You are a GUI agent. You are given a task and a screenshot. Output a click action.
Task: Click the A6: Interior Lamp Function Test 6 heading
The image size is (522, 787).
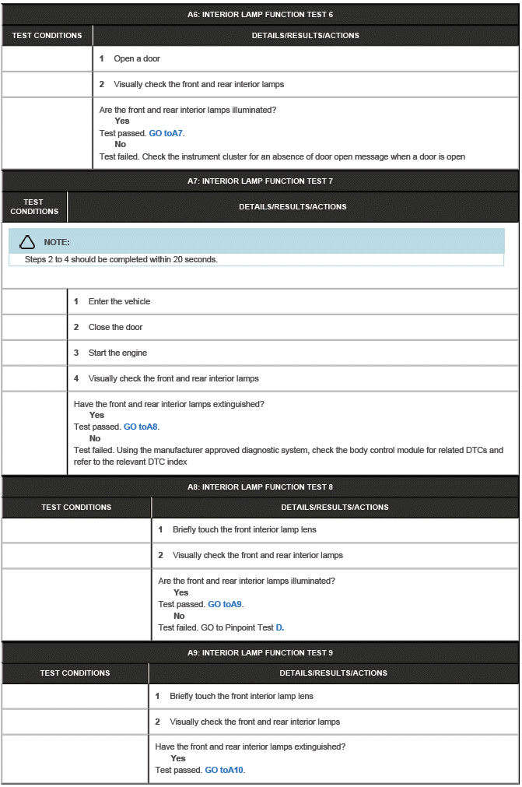[260, 14]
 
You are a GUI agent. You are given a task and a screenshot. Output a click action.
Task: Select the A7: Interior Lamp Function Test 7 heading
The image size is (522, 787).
[260, 181]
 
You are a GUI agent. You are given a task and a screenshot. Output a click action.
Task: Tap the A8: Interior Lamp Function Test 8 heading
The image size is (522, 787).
[260, 487]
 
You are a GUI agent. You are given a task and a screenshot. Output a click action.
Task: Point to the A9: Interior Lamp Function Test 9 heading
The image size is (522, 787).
[260, 652]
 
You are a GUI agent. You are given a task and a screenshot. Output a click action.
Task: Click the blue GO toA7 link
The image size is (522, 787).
[166, 133]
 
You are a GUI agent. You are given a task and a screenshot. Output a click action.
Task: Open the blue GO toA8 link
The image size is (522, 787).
[141, 427]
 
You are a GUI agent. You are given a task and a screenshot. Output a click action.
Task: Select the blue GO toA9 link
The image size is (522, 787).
[225, 604]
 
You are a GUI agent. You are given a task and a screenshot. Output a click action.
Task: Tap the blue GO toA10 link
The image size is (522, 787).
[224, 770]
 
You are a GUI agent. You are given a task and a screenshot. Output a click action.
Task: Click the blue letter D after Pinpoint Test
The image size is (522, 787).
[279, 627]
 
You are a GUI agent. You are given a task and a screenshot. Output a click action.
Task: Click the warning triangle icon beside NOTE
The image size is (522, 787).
[27, 242]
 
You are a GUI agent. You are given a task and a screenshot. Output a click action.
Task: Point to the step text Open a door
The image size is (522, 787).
[137, 58]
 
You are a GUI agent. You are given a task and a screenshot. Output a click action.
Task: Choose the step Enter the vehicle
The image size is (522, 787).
[119, 301]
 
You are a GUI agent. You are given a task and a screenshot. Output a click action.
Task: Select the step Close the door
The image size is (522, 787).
[115, 327]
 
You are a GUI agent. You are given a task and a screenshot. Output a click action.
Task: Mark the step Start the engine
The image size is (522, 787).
[117, 353]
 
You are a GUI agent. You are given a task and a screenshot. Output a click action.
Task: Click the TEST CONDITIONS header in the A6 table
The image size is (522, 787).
[47, 35]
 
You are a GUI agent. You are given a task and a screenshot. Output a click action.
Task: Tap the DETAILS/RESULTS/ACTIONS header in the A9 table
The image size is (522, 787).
[333, 673]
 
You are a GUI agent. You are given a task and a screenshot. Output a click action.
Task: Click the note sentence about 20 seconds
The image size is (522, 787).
[121, 259]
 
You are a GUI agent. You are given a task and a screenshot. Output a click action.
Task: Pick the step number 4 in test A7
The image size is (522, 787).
[76, 378]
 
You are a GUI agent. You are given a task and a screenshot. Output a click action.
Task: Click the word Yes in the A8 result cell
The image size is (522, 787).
[180, 592]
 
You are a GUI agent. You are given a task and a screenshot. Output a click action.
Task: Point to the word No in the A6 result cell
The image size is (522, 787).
[120, 144]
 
